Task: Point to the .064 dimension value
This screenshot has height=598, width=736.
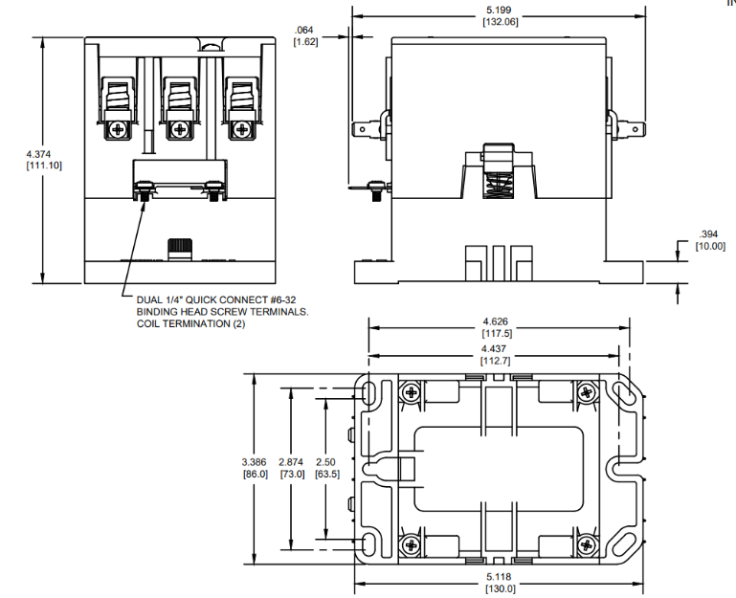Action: (x=306, y=31)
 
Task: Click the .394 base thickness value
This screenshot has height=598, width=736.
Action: (x=709, y=234)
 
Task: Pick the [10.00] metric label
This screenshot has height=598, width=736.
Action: (x=709, y=246)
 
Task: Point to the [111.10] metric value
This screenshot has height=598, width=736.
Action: (x=42, y=166)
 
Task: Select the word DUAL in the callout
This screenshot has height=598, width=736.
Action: (x=152, y=299)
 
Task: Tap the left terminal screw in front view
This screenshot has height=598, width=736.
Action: (x=119, y=127)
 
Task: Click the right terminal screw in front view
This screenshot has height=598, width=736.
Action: (x=245, y=127)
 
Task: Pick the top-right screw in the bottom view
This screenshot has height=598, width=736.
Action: (x=586, y=391)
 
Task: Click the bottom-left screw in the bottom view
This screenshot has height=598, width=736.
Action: (x=412, y=544)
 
